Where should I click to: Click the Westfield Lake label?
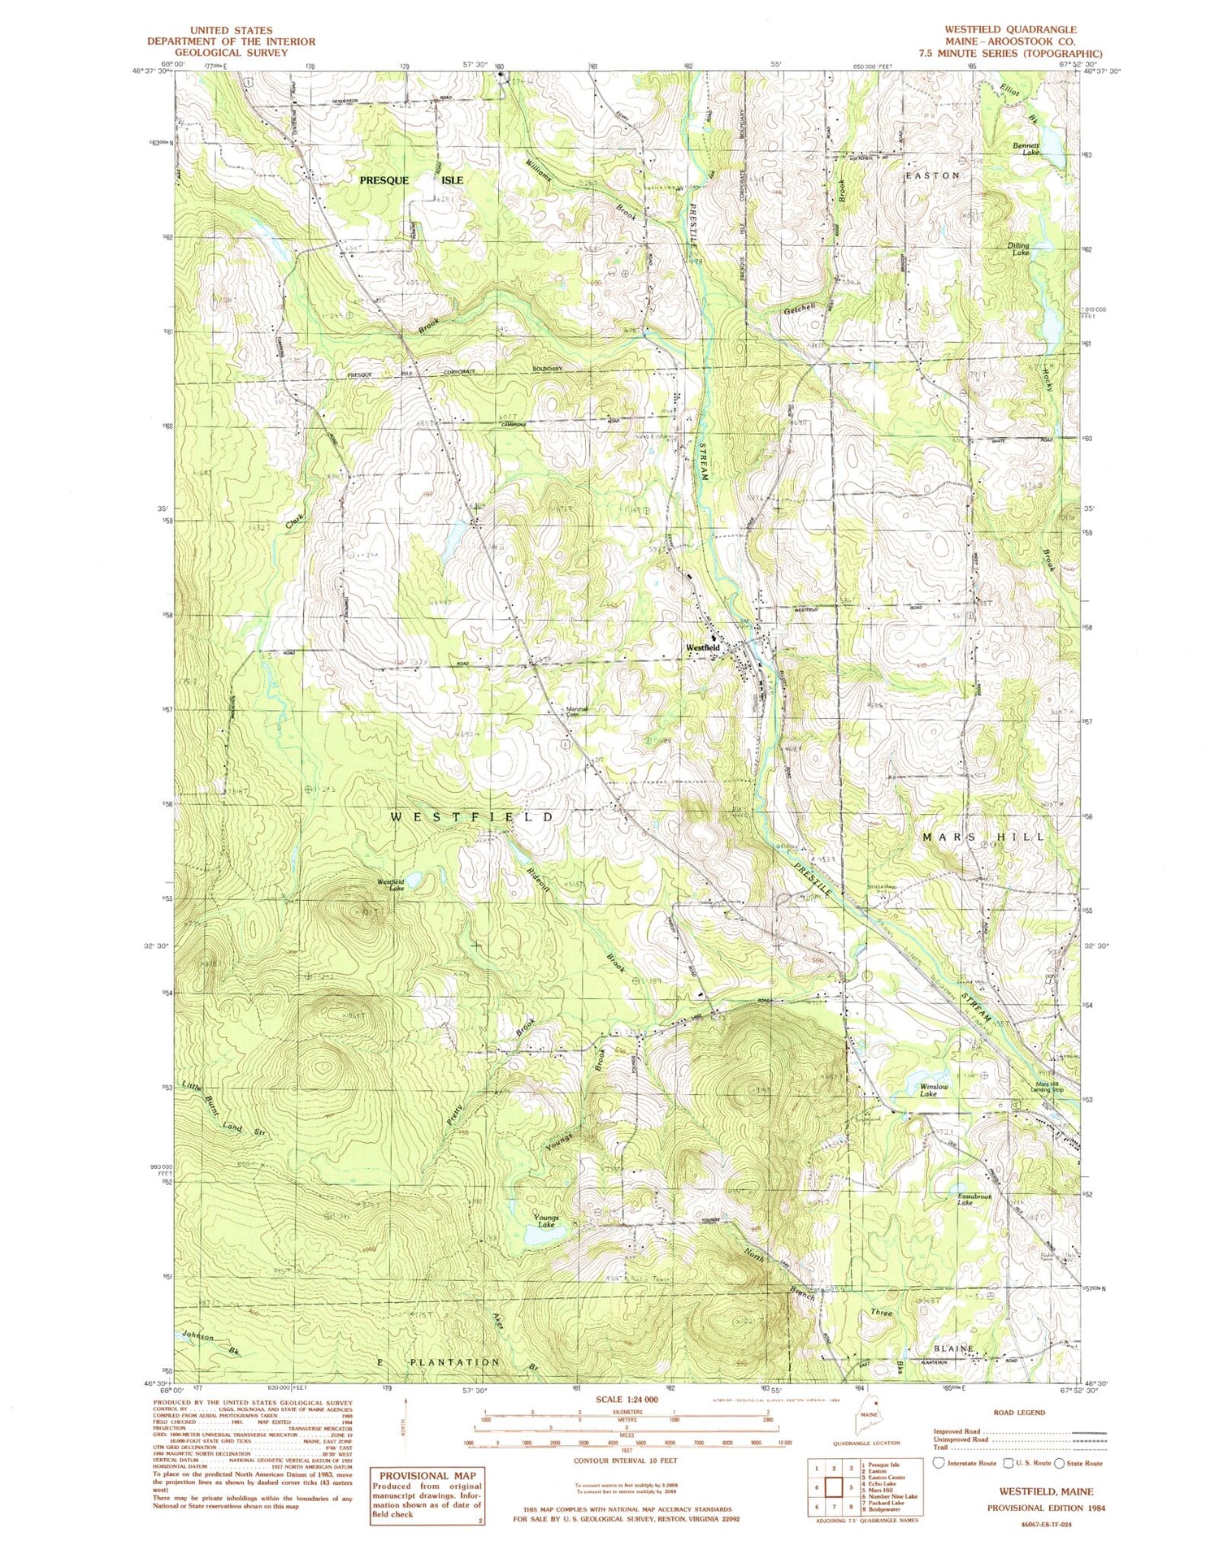(390, 885)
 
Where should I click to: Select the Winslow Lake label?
(934, 1090)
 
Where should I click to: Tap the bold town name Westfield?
(703, 647)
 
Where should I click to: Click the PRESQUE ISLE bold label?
(411, 180)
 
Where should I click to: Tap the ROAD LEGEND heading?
(1019, 1413)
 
